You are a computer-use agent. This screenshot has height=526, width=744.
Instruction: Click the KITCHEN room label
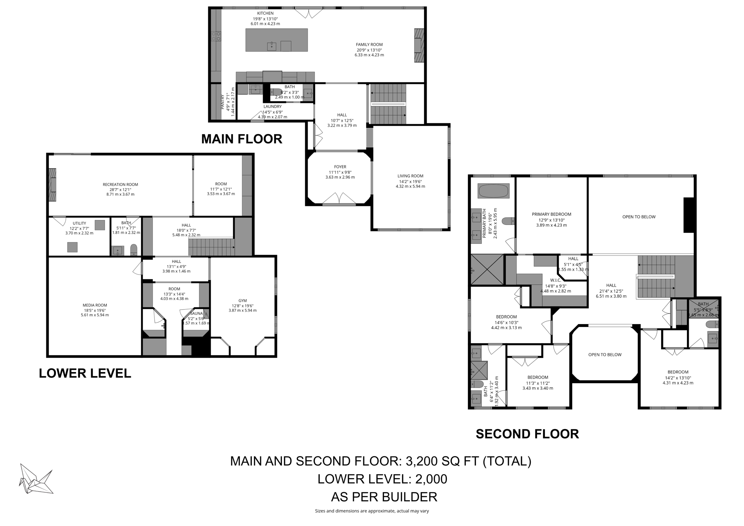tap(265, 13)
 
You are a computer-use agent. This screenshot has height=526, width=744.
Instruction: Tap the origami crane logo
tap(36, 479)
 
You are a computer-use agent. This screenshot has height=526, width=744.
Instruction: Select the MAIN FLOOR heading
tap(242, 139)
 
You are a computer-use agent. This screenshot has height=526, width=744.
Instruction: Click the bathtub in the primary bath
tap(493, 191)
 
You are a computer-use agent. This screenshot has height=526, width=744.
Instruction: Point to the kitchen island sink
tap(272, 46)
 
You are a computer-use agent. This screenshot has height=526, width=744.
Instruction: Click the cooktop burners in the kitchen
tap(216, 36)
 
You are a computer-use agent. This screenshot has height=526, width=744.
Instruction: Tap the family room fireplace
tap(419, 45)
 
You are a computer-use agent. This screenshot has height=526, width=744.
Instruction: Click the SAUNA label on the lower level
tap(196, 313)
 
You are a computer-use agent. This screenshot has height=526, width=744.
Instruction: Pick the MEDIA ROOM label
tap(94, 305)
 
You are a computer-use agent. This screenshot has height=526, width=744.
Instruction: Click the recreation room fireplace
tap(53, 185)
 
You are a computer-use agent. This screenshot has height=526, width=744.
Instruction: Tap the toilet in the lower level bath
tap(134, 249)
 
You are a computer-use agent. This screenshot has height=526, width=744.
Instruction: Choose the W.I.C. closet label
tap(555, 280)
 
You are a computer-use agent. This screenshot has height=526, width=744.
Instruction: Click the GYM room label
tap(242, 300)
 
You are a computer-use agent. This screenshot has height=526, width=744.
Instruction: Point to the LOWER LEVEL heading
tap(85, 373)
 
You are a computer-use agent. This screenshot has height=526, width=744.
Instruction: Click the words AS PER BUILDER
tap(384, 497)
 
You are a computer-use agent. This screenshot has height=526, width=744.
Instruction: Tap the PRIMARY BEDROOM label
tap(551, 214)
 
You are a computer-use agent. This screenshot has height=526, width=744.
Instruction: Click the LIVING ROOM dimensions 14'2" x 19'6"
tap(410, 181)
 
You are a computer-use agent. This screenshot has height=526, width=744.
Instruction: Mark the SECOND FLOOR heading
tap(527, 434)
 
